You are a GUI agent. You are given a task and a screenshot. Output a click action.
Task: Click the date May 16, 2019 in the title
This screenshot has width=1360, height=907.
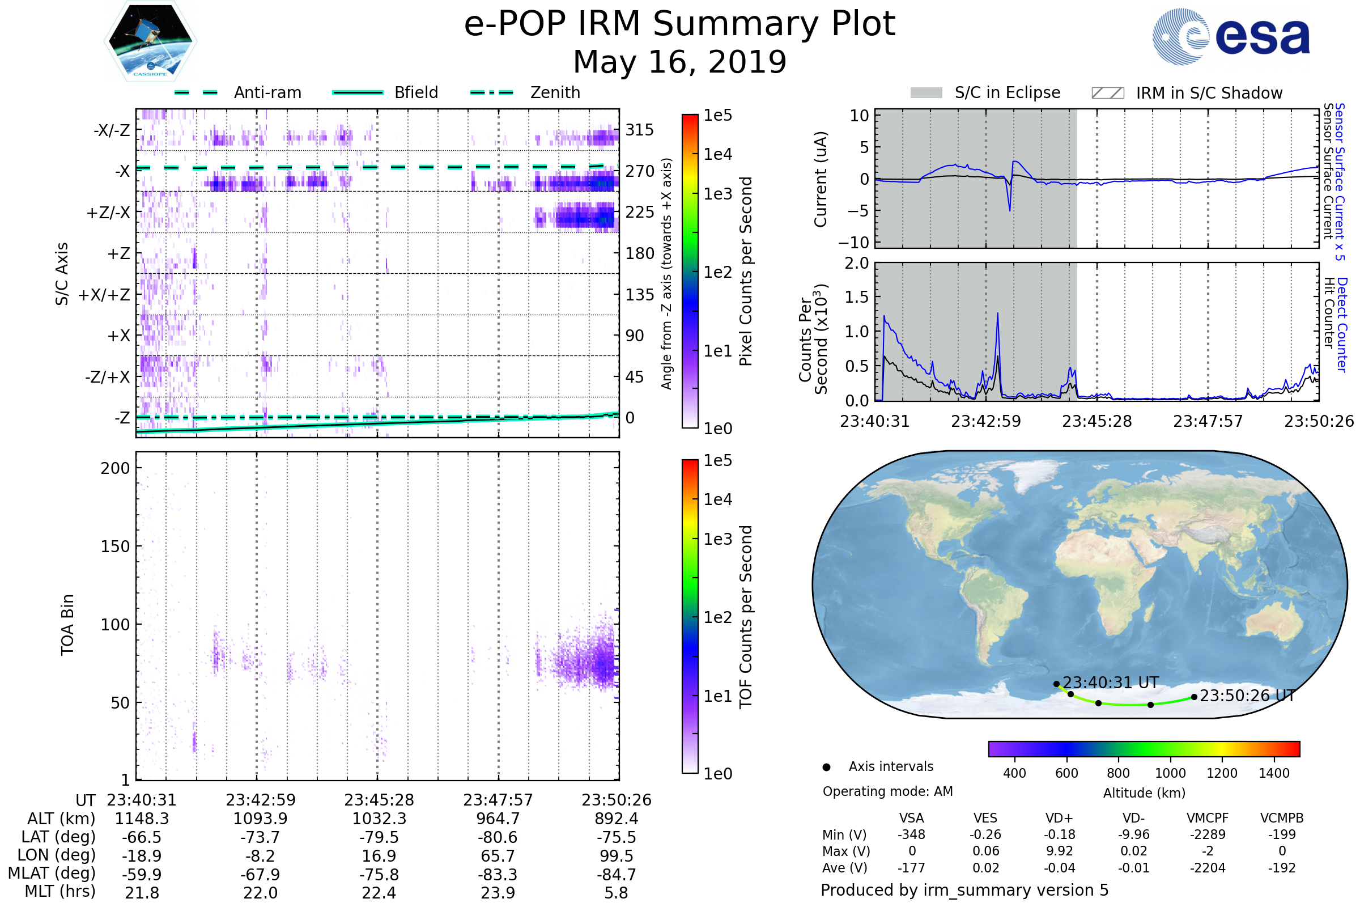click(679, 62)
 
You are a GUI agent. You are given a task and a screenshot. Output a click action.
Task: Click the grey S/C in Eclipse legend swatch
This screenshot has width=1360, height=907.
click(926, 93)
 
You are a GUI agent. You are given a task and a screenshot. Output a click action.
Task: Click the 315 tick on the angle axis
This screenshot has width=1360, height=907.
click(640, 130)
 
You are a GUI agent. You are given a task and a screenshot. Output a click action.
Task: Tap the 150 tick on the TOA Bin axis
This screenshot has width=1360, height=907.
click(115, 546)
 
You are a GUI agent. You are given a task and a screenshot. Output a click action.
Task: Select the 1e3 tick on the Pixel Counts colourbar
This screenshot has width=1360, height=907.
click(717, 194)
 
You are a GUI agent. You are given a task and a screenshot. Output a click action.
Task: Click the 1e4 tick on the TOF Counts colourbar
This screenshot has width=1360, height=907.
click(717, 499)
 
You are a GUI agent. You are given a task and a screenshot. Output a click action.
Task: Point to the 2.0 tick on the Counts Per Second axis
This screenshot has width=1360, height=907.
click(856, 264)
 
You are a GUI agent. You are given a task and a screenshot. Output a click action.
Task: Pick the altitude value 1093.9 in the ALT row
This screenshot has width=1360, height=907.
click(260, 819)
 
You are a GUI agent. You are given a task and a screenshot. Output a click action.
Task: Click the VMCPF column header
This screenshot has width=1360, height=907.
click(1208, 819)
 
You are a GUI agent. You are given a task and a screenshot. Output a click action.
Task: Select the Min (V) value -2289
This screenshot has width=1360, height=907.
click(1208, 834)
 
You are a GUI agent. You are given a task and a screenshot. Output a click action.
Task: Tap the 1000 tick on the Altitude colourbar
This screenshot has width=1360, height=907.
click(1170, 773)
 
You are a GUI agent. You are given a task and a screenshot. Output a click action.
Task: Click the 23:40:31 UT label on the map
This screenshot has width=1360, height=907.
click(1110, 683)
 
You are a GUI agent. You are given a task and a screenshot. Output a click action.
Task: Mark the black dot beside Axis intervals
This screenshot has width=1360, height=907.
click(826, 768)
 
